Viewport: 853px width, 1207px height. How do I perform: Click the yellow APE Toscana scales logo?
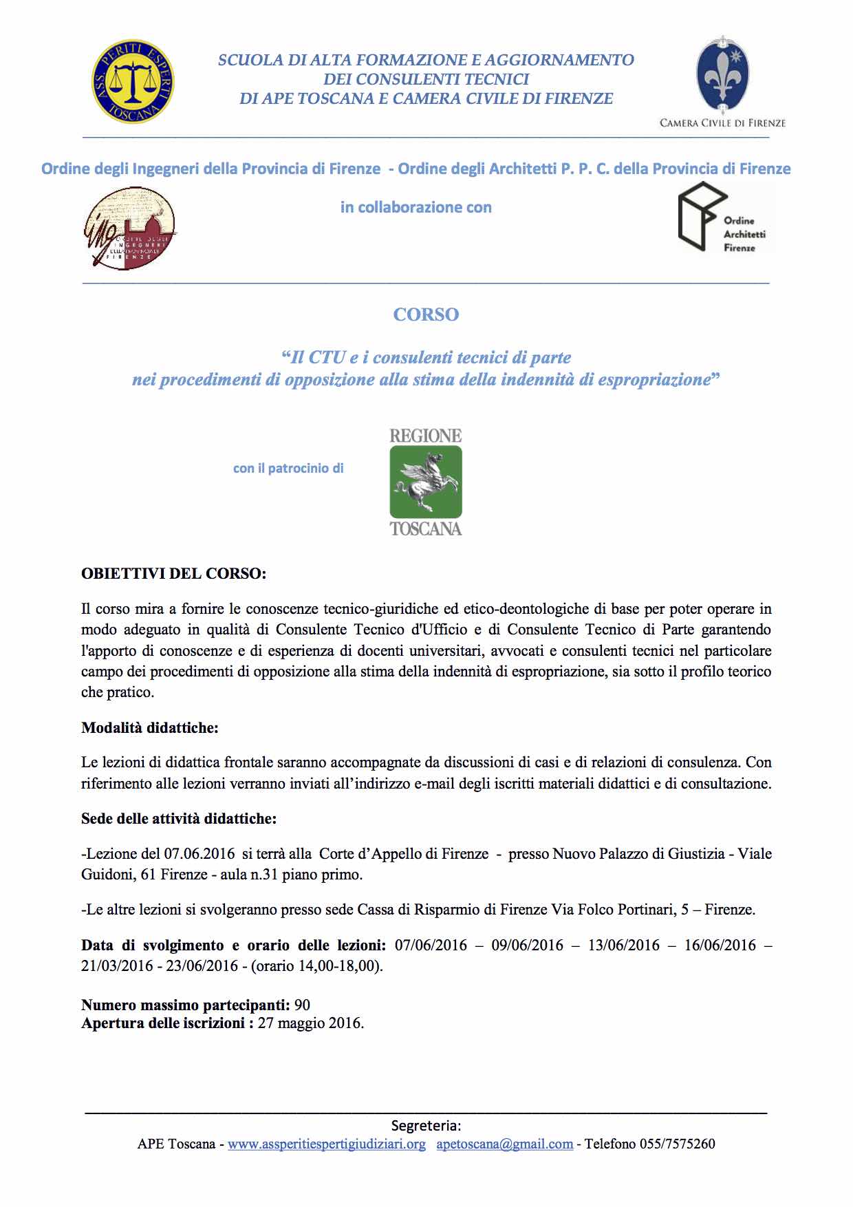click(133, 81)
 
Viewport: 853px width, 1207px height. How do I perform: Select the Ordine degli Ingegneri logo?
click(129, 228)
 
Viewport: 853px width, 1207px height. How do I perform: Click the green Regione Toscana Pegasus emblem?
click(426, 482)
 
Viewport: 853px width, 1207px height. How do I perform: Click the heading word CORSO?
click(426, 314)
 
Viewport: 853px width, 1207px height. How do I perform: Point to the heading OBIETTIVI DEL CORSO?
click(173, 573)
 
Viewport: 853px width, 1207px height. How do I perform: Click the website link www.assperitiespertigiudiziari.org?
click(327, 1144)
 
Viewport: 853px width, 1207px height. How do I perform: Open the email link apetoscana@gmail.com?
click(504, 1144)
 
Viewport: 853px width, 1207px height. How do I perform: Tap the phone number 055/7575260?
click(677, 1144)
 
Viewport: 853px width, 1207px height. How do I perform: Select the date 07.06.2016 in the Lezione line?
click(199, 854)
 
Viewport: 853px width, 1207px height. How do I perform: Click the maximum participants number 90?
click(302, 1005)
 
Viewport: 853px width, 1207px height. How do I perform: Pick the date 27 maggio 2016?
click(310, 1023)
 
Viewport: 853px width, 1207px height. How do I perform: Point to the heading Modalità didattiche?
click(150, 727)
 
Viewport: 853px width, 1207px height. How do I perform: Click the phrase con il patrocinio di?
click(288, 469)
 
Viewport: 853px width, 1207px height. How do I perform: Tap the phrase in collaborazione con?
click(416, 207)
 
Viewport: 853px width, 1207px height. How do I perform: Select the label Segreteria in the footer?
click(426, 1126)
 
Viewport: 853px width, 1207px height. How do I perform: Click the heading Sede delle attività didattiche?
click(179, 818)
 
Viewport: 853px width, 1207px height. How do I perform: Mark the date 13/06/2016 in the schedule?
click(623, 945)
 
